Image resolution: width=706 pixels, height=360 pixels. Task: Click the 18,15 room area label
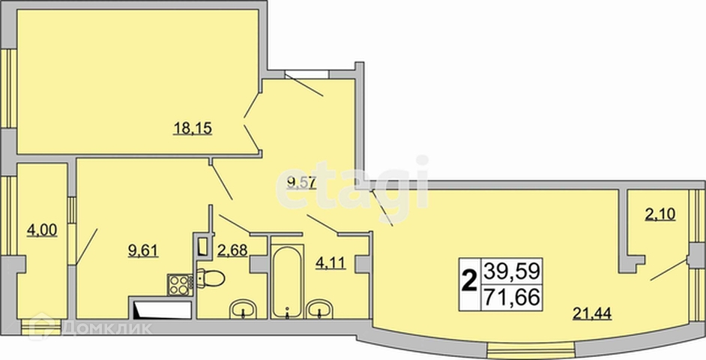[x=193, y=129]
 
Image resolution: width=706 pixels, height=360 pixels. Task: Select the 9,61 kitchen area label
[x=143, y=250]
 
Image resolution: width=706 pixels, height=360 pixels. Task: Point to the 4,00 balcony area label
[x=42, y=231]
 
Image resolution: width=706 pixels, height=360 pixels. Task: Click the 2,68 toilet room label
[x=232, y=250]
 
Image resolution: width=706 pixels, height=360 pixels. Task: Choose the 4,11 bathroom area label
[x=331, y=262]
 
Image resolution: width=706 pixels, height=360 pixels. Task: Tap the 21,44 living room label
[x=592, y=313]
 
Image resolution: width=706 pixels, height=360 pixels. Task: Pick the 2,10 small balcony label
[x=660, y=214]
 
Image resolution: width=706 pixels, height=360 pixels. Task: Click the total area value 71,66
[x=511, y=298]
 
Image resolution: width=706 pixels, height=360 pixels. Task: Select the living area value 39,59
[x=511, y=271]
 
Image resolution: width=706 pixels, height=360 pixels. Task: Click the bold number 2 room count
[x=470, y=283]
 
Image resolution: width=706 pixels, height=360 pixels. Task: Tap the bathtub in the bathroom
[x=287, y=281]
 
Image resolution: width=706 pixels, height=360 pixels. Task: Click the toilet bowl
[x=211, y=278]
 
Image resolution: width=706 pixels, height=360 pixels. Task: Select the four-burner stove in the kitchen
[x=180, y=285]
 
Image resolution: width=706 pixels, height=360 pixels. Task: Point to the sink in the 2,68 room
[x=243, y=310]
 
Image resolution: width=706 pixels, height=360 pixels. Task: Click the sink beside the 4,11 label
[x=319, y=310]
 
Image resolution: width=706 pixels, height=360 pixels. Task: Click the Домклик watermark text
[x=107, y=328]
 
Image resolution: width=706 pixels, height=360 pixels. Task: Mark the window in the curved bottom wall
[x=531, y=350]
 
